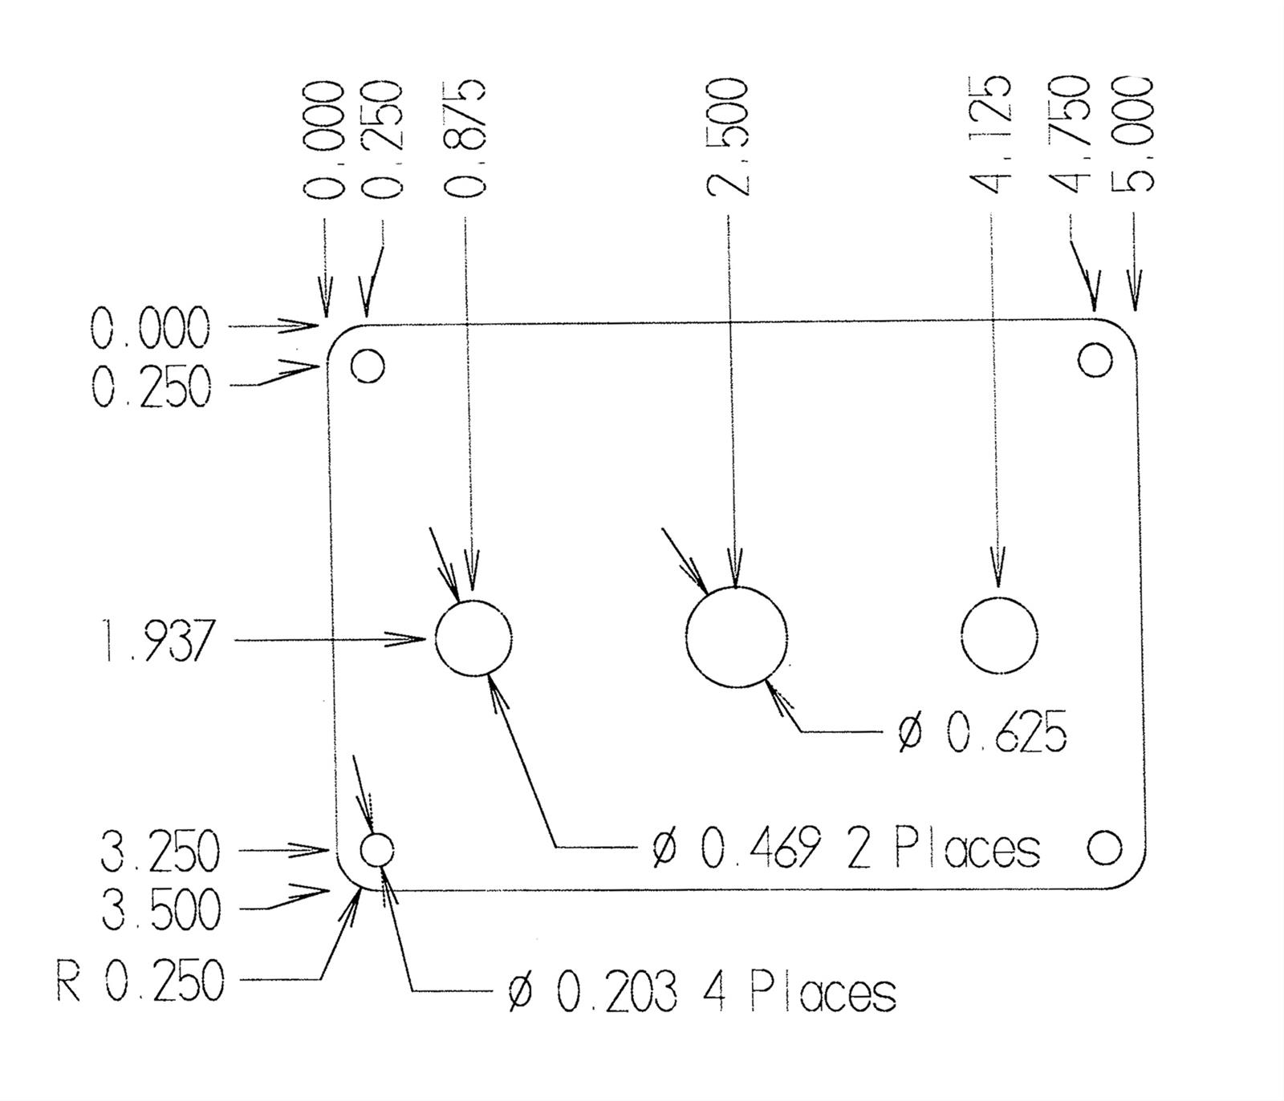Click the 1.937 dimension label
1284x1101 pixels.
[x=158, y=641]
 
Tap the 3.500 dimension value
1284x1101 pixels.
[x=160, y=910]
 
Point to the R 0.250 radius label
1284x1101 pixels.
[x=141, y=981]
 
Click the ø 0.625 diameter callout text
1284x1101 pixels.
[x=983, y=731]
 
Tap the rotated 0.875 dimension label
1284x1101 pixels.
[x=464, y=137]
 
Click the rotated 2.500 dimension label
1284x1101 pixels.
[x=728, y=137]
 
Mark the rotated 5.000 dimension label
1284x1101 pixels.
[x=1132, y=135]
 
